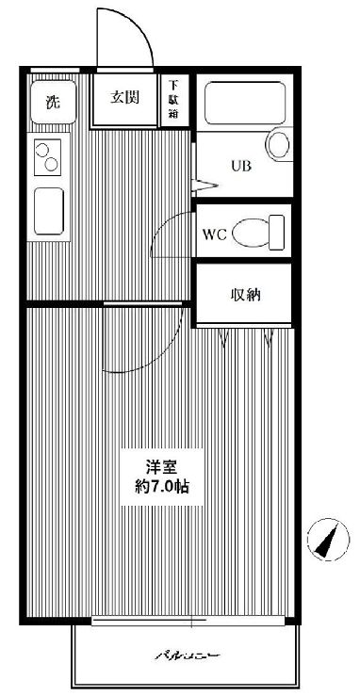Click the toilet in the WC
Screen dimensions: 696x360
pyautogui.click(x=257, y=231)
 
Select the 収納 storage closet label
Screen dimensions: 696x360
pyautogui.click(x=247, y=295)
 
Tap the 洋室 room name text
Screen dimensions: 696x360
pyautogui.click(x=162, y=467)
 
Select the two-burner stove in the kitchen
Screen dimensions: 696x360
pyautogui.click(x=47, y=156)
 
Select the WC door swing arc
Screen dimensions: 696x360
pyautogui.click(x=171, y=231)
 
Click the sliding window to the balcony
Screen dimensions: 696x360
pyautogui.click(x=188, y=621)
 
